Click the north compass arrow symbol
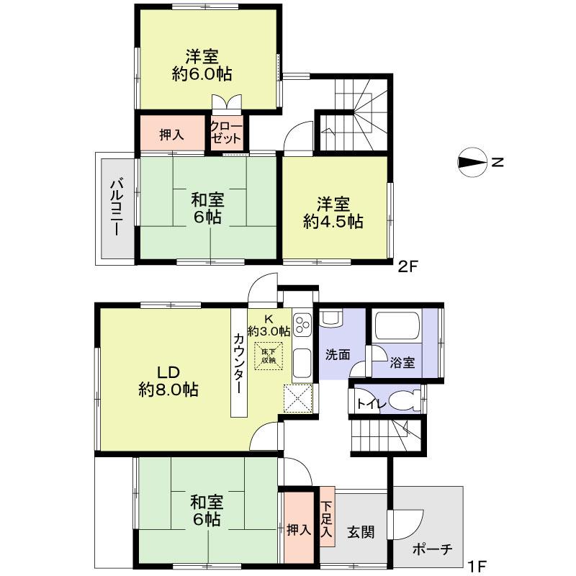tap(473, 163)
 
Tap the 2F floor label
tap(409, 267)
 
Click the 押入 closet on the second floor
tap(172, 134)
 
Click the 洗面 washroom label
tap(337, 354)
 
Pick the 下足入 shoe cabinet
tap(325, 520)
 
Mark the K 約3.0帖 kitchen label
tap(269, 325)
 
